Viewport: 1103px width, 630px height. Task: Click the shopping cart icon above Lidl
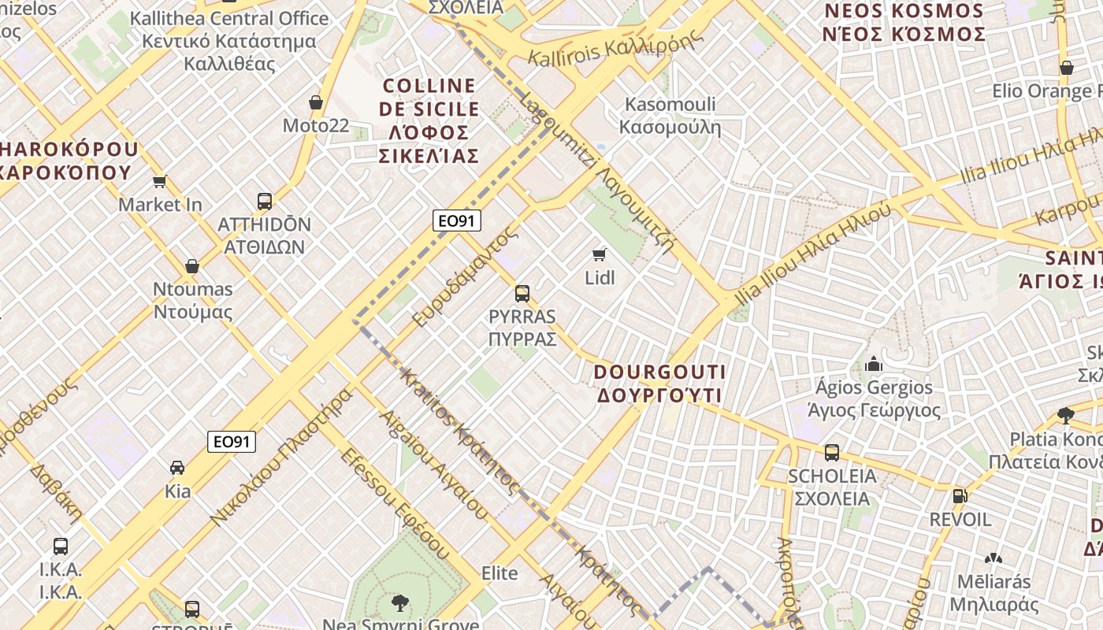click(600, 254)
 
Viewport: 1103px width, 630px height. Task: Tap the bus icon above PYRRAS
click(522, 294)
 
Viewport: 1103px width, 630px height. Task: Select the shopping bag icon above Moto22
click(316, 102)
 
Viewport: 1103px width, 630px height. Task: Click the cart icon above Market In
click(160, 182)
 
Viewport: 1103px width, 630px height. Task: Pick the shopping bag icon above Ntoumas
click(191, 266)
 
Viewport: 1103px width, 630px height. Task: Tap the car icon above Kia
click(177, 468)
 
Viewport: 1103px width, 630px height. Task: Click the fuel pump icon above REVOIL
click(960, 496)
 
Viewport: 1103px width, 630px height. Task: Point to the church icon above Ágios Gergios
click(873, 364)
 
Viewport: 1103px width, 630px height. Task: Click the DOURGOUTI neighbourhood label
click(659, 383)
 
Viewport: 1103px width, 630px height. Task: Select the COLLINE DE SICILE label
click(429, 120)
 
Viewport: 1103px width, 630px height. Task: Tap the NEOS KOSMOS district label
click(904, 23)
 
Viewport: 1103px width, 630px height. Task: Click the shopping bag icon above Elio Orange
click(1066, 68)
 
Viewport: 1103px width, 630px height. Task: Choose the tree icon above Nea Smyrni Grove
click(400, 603)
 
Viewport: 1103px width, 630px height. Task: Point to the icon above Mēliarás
click(993, 558)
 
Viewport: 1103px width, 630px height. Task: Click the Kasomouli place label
click(670, 115)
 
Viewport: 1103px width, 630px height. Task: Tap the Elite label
click(500, 573)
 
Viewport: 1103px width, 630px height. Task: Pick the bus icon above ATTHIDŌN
click(265, 202)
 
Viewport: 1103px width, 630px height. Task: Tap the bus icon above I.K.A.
click(61, 546)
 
